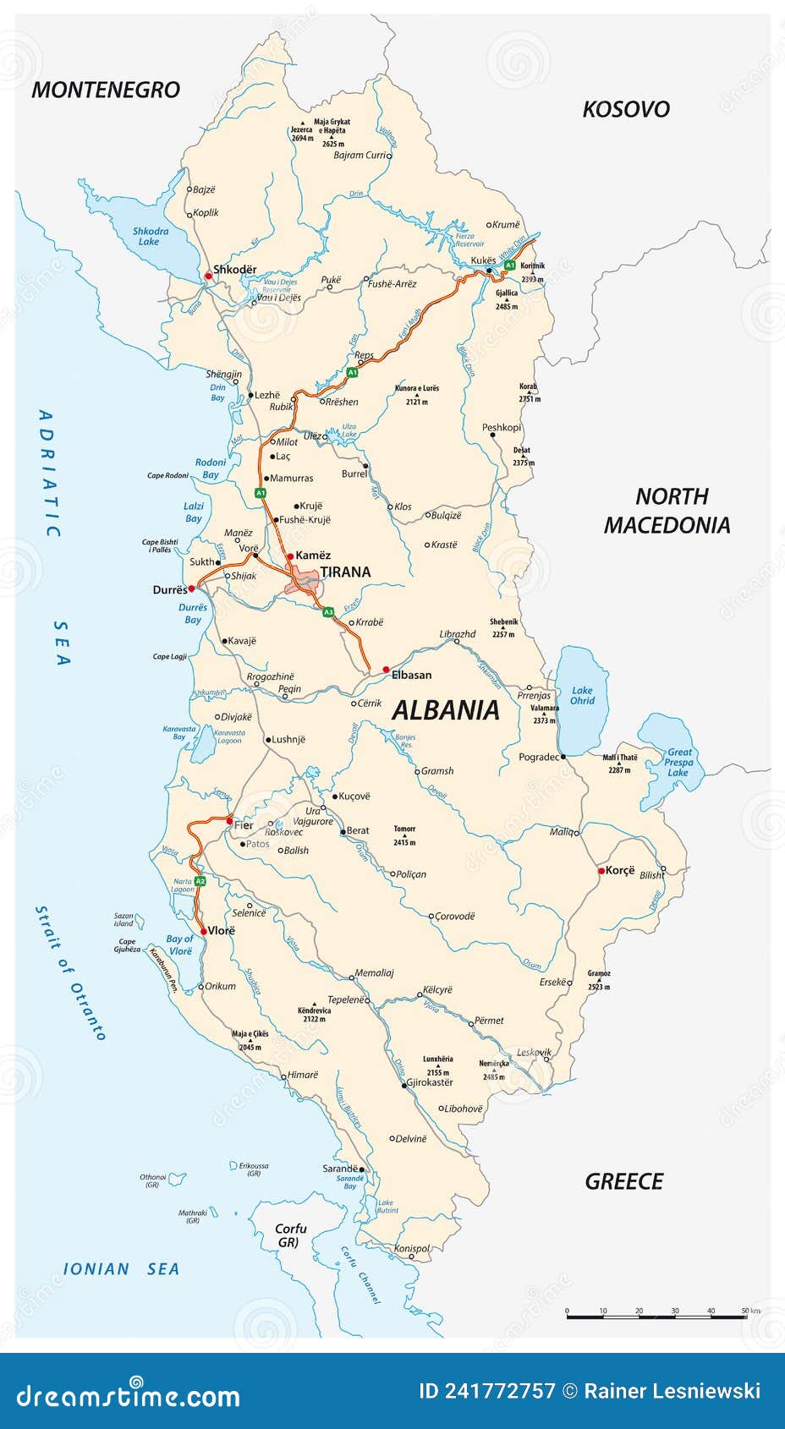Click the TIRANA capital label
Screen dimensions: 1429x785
pyautogui.click(x=345, y=572)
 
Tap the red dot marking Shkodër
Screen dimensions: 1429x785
pyautogui.click(x=208, y=276)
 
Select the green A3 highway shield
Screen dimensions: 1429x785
pyautogui.click(x=328, y=611)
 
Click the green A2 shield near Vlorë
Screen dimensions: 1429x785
pyautogui.click(x=200, y=881)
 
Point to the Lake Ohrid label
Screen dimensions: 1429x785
pyautogui.click(x=582, y=695)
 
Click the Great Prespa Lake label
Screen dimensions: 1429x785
pyautogui.click(x=678, y=762)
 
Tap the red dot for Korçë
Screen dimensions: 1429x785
pyautogui.click(x=601, y=870)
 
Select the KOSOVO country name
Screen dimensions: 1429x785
pyautogui.click(x=626, y=109)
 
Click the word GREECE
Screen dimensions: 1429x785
pyautogui.click(x=624, y=1181)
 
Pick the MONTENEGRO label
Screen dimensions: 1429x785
pyautogui.click(x=106, y=90)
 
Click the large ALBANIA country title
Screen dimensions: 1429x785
pyautogui.click(x=446, y=710)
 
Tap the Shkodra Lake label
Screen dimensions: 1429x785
pyautogui.click(x=151, y=236)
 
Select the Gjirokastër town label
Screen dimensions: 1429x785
pyautogui.click(x=430, y=1082)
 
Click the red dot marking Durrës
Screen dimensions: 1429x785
pyautogui.click(x=192, y=588)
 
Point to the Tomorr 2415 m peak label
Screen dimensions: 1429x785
pyautogui.click(x=404, y=835)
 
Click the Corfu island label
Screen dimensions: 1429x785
pyautogui.click(x=290, y=1235)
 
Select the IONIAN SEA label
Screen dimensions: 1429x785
pyautogui.click(x=122, y=1268)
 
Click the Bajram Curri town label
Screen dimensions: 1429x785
pyautogui.click(x=360, y=155)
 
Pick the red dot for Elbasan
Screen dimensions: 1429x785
pyautogui.click(x=386, y=669)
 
